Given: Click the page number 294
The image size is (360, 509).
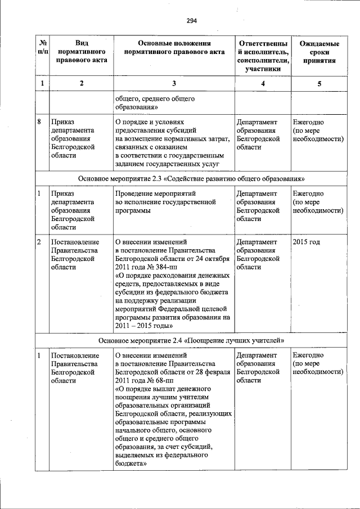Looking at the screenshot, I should (x=191, y=21).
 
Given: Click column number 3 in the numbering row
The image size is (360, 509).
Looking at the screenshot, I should (x=174, y=84).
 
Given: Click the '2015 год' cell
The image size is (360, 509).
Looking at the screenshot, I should (x=307, y=242).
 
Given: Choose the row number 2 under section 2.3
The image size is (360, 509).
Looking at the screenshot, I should (x=39, y=242).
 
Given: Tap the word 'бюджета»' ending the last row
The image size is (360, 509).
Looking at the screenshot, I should (x=131, y=464).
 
